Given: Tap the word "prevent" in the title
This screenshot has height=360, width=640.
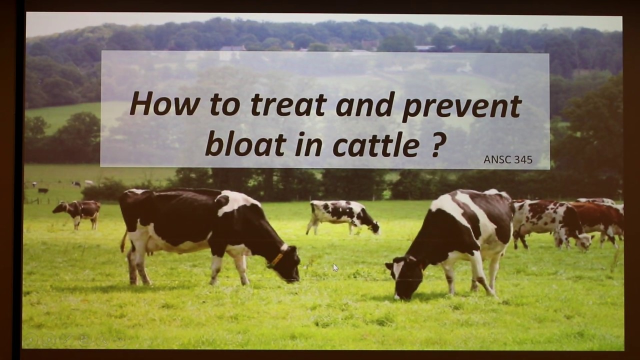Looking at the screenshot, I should (x=461, y=106).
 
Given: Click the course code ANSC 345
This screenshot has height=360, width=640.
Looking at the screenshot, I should (x=507, y=159).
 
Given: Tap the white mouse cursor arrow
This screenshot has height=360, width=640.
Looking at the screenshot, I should (x=335, y=267).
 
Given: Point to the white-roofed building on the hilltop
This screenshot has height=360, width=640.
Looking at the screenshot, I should (x=233, y=48).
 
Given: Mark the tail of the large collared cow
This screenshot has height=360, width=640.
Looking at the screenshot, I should (x=123, y=242).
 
